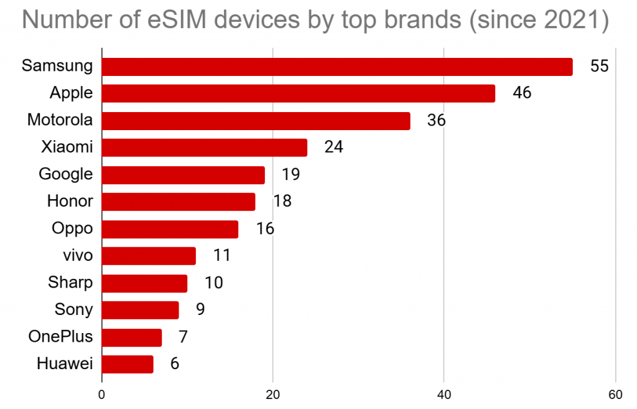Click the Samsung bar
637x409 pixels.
[x=337, y=67]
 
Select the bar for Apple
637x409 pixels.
[x=298, y=93]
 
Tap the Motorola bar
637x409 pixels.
[x=256, y=121]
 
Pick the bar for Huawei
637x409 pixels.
[x=128, y=364]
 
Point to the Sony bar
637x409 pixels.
[x=140, y=310]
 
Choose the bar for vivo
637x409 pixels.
[x=149, y=256]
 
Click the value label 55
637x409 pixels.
[x=598, y=67]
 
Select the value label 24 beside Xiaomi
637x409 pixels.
[x=333, y=148]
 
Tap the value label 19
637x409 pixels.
[x=291, y=174]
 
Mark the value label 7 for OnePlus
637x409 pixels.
[x=183, y=337]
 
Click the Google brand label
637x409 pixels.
[x=65, y=174]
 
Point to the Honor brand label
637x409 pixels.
[x=70, y=201]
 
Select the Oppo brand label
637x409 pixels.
[x=72, y=228]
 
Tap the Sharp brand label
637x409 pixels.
[x=70, y=283]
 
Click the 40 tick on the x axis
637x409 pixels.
[x=444, y=394]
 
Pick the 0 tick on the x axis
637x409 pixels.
[x=101, y=394]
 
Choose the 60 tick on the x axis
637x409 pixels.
[x=615, y=394]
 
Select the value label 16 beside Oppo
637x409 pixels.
[x=265, y=228]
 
